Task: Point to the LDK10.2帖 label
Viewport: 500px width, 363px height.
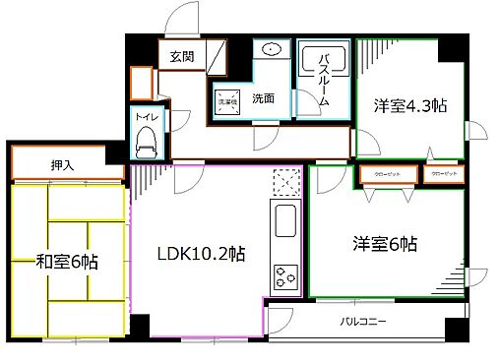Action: (201, 254)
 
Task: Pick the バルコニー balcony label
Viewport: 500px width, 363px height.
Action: (363, 322)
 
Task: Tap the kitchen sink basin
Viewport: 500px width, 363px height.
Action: (284, 224)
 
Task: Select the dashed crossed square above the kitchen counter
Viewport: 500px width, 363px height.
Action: (284, 183)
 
